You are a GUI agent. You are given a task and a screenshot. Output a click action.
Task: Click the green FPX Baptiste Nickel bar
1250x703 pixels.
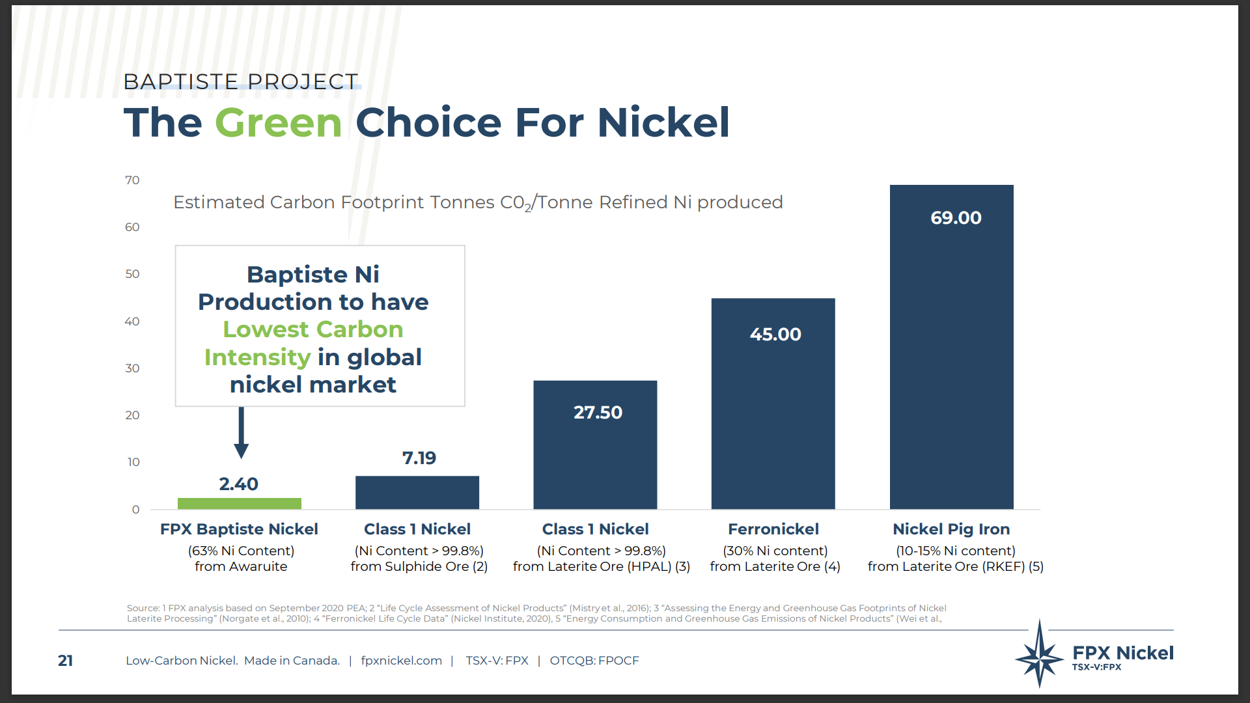pos(239,503)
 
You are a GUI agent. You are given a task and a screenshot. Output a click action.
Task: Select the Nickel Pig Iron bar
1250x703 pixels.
pos(951,351)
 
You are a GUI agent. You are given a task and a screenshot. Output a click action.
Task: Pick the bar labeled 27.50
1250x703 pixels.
pos(595,449)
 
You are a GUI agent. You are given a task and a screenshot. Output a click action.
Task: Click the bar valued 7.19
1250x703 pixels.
pos(417,492)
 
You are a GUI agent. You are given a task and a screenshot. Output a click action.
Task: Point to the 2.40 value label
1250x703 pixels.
pos(238,484)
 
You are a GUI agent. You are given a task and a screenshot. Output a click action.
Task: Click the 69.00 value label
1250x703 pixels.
pos(956,218)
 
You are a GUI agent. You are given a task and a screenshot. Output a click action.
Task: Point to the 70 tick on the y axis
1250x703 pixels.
pos(132,180)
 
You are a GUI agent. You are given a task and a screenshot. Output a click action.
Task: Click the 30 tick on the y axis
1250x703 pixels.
pos(132,368)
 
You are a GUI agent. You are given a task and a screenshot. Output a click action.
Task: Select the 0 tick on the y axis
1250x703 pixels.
pos(135,510)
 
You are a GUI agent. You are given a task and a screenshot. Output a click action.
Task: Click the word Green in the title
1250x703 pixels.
pos(278,122)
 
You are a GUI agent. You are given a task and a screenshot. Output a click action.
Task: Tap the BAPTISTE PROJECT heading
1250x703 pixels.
pos(240,82)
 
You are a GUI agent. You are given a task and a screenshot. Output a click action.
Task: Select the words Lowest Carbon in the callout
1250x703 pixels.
pos(312,329)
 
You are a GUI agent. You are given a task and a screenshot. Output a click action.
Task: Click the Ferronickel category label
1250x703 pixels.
pos(773,529)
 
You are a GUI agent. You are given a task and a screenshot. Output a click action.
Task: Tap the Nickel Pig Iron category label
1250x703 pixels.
pos(951,529)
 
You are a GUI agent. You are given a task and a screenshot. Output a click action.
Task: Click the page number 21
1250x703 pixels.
pos(65,661)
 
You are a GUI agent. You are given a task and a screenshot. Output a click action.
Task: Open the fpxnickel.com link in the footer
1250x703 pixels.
pos(401,661)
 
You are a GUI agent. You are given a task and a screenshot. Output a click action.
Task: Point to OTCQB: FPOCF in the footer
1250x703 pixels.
pos(594,661)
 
